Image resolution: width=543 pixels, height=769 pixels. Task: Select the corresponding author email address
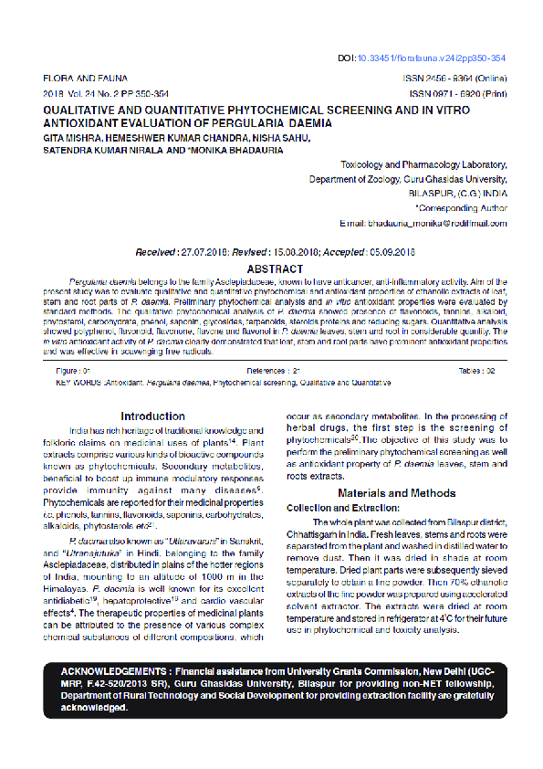[x=435, y=223]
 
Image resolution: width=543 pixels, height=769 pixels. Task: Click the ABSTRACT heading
[x=275, y=269]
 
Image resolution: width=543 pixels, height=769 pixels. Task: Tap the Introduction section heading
[x=152, y=416]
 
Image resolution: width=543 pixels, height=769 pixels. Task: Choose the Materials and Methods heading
[x=396, y=493]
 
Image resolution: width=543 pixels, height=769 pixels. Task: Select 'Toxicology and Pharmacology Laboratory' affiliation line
[x=423, y=165]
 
